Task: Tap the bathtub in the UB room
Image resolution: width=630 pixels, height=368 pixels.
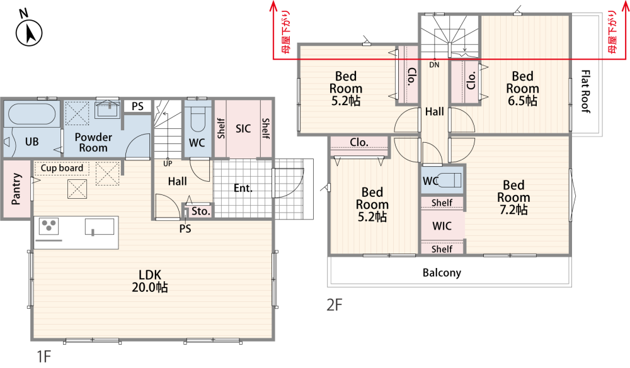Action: click(32, 114)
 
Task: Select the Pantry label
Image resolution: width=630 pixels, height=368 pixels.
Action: click(16, 189)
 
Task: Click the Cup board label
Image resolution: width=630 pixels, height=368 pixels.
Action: click(62, 168)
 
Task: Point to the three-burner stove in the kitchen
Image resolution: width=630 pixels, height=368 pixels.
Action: click(49, 226)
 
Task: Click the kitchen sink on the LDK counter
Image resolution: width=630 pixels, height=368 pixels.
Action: click(100, 226)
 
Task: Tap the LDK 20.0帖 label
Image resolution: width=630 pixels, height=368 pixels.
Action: click(150, 281)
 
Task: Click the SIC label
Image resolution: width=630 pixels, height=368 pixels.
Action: click(243, 129)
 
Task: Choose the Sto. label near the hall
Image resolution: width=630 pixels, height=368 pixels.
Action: click(200, 211)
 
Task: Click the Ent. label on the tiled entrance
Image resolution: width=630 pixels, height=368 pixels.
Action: click(243, 188)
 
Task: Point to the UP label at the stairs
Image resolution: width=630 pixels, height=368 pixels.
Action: click(168, 164)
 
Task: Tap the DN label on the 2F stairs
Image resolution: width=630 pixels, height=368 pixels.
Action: click(434, 65)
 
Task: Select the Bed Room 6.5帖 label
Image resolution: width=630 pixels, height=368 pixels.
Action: click(522, 88)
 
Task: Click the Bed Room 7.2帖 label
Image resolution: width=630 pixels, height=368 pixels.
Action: click(513, 198)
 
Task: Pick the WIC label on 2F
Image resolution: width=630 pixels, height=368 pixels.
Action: click(442, 226)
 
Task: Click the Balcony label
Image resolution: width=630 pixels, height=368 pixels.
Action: click(442, 273)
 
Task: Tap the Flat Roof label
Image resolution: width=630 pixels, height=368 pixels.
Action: click(586, 91)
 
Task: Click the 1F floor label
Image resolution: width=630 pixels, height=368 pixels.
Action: click(44, 356)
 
